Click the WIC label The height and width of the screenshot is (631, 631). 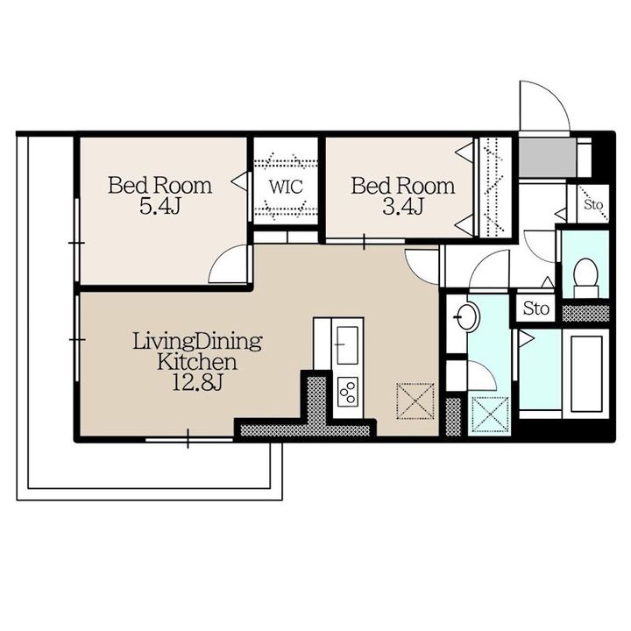pyautogui.click(x=286, y=187)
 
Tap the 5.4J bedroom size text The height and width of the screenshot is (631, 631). pyautogui.click(x=160, y=207)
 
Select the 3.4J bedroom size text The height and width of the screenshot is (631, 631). pyautogui.click(x=402, y=207)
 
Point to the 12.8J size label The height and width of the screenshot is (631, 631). pyautogui.click(x=197, y=383)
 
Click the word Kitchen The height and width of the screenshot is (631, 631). pyautogui.click(x=197, y=362)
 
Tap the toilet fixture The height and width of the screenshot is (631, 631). pyautogui.click(x=585, y=278)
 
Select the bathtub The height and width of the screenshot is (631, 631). pyautogui.click(x=586, y=374)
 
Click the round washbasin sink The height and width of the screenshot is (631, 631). pyautogui.click(x=468, y=316)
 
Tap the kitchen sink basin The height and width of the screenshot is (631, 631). pyautogui.click(x=347, y=345)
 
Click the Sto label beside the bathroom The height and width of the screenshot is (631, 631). pyautogui.click(x=536, y=308)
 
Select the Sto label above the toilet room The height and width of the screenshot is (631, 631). pyautogui.click(x=593, y=204)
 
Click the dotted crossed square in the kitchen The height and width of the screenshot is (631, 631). pyautogui.click(x=415, y=401)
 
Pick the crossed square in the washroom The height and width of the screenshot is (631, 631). pyautogui.click(x=490, y=415)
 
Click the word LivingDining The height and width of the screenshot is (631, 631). pyautogui.click(x=197, y=342)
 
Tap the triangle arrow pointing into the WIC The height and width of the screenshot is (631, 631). pyautogui.click(x=239, y=181)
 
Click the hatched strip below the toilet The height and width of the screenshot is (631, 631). pyautogui.click(x=585, y=314)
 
